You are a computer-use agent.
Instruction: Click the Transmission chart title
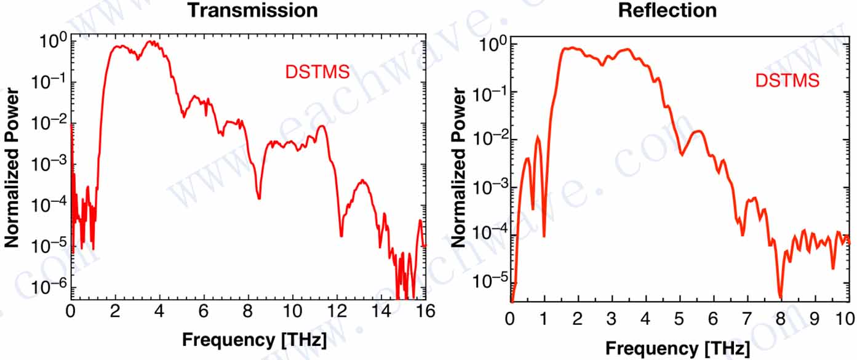point(252,10)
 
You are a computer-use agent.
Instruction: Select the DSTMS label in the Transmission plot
point(317,72)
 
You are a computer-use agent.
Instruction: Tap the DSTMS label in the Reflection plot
point(787,80)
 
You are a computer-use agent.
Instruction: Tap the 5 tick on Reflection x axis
point(679,319)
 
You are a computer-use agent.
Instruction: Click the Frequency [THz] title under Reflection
point(677,348)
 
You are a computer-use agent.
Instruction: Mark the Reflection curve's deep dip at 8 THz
point(780,297)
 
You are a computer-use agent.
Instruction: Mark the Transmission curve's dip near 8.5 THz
point(259,198)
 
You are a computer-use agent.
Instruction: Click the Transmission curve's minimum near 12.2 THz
point(341,235)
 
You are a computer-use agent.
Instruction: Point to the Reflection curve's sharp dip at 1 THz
point(544,236)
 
